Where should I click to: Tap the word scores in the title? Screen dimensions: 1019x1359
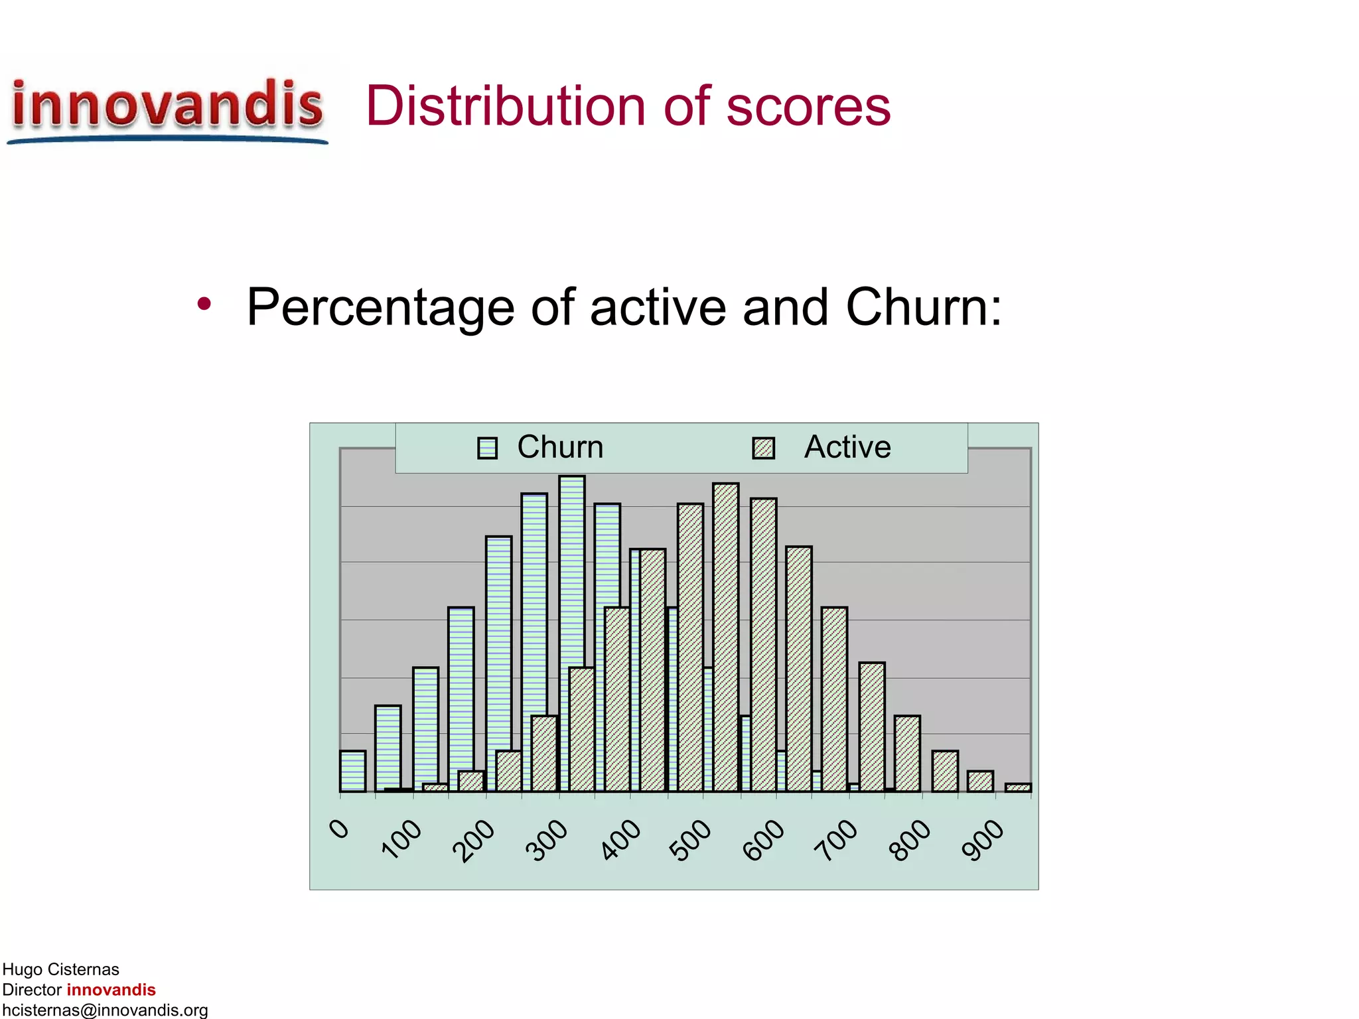coord(808,107)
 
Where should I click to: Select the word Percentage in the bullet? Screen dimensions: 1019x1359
coord(380,308)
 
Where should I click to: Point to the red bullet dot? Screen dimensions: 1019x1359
coord(204,305)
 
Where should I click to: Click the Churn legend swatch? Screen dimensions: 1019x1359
coord(488,448)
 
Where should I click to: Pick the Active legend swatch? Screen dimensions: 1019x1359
coord(764,448)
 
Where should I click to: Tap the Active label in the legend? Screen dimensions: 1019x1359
coord(847,447)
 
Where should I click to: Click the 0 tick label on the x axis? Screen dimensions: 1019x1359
coord(340,829)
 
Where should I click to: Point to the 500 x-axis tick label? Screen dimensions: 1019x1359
coord(690,840)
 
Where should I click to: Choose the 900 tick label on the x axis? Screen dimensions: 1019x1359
coord(983,840)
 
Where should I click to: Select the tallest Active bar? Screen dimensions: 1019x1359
coord(726,637)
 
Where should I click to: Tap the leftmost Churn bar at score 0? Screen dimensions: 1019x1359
coord(352,771)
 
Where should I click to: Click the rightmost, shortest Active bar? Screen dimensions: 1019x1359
coord(1018,787)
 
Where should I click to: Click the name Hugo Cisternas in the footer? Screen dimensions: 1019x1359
coord(61,969)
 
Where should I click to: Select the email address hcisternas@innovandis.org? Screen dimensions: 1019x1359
coord(105,1010)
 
